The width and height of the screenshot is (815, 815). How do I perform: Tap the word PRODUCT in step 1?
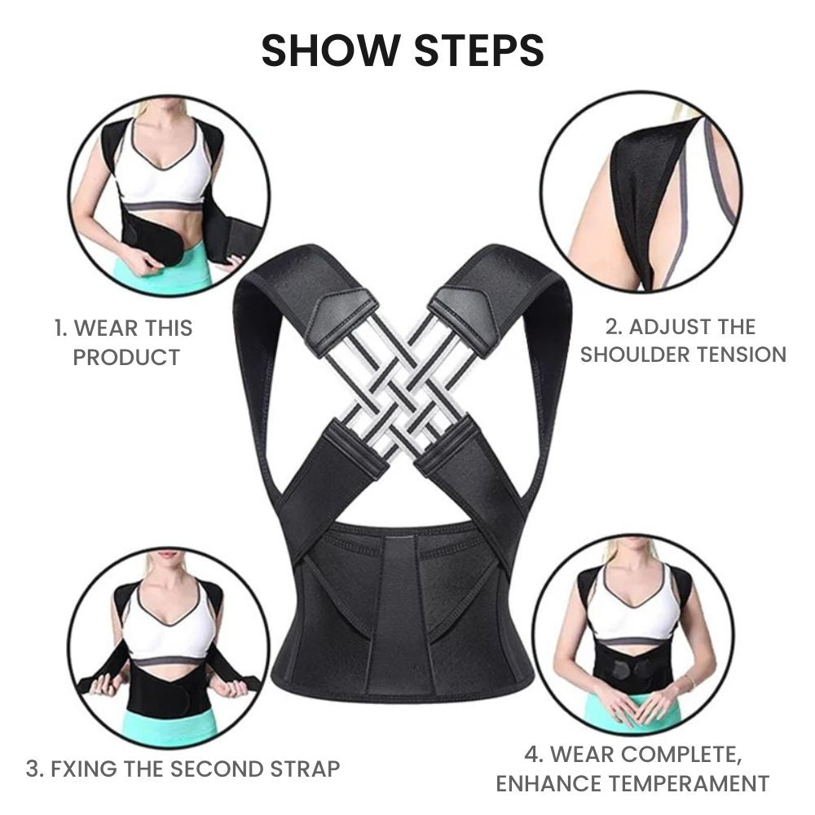(x=126, y=358)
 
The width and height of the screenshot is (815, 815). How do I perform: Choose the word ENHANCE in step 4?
(x=542, y=783)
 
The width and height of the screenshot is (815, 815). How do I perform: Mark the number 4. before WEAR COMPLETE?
(x=534, y=754)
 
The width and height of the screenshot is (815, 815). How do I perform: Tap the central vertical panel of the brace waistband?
(x=400, y=614)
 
